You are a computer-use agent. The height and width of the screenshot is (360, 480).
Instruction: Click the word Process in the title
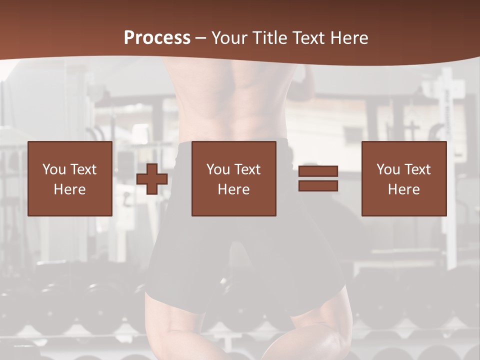[157, 38]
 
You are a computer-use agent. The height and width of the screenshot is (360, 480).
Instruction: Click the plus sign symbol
[152, 178]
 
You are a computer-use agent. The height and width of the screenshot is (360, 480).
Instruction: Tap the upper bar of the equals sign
[318, 171]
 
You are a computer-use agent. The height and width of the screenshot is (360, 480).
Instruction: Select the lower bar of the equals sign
[318, 185]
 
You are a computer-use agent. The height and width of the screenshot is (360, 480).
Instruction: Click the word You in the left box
[54, 169]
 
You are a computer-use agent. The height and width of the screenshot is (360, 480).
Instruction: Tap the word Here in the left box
[69, 189]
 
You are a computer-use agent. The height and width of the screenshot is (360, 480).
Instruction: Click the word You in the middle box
[218, 169]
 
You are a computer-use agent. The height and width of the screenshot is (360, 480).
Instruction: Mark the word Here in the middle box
[233, 189]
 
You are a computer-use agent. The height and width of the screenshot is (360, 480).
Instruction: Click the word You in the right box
[388, 169]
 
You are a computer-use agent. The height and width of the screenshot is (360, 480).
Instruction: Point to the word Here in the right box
[403, 189]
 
